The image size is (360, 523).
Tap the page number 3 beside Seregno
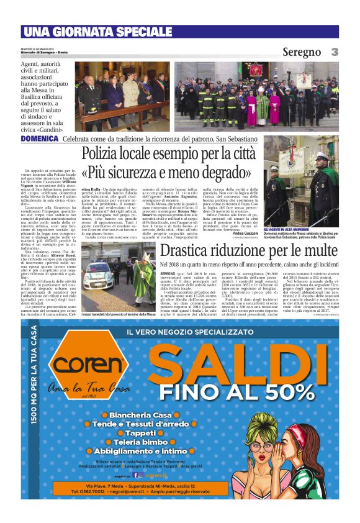pos(334,52)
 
